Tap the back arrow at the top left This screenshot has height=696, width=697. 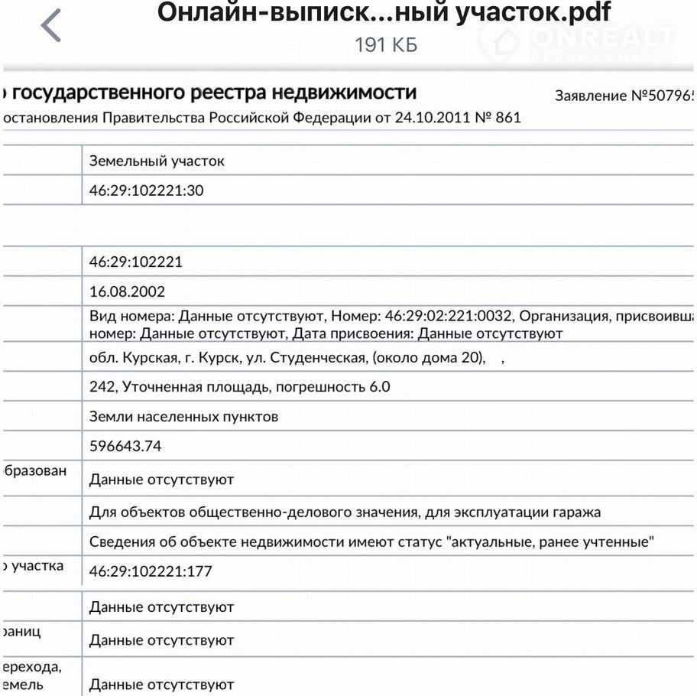tap(50, 26)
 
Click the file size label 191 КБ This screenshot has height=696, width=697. tap(386, 45)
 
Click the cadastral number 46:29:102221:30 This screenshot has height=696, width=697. tap(147, 190)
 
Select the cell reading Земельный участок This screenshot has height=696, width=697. tap(157, 161)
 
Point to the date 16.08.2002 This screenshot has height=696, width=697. tap(127, 291)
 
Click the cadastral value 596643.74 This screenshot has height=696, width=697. tap(125, 446)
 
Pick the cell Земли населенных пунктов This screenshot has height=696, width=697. tap(183, 417)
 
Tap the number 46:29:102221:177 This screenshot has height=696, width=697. tap(151, 571)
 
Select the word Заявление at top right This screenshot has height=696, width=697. tap(590, 96)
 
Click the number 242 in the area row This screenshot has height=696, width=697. tap(102, 387)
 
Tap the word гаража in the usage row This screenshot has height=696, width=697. tap(575, 512)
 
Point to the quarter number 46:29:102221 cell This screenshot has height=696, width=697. tap(136, 262)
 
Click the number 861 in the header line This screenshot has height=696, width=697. tap(507, 118)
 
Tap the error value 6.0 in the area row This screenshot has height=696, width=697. tap(380, 387)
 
